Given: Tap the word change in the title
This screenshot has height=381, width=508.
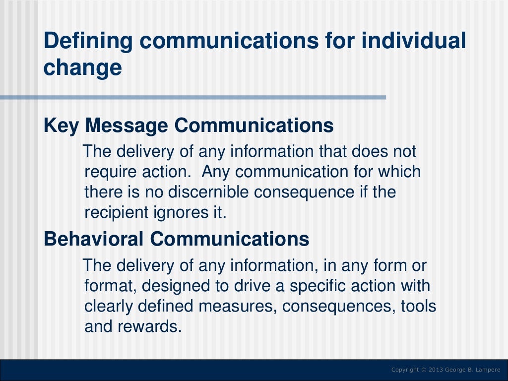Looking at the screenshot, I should click(x=82, y=68).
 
